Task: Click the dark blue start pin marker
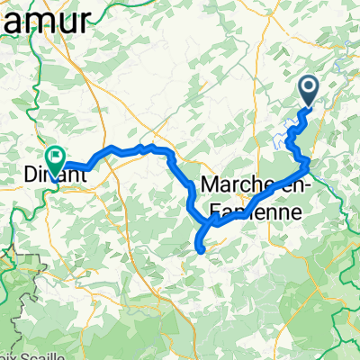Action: (x=308, y=89)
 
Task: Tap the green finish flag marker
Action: (x=56, y=159)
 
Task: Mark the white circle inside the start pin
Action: (x=308, y=86)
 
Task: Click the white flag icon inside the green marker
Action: (x=56, y=157)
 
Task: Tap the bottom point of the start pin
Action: (x=308, y=106)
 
